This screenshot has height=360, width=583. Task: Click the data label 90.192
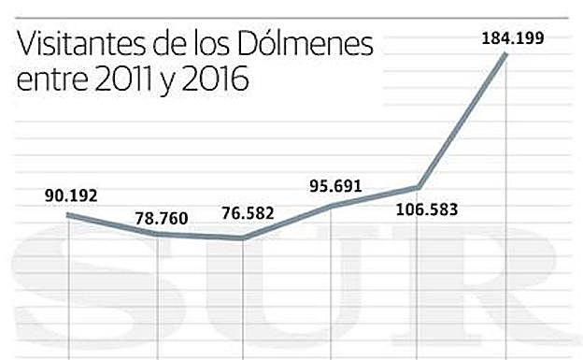71,196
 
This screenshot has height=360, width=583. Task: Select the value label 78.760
161,219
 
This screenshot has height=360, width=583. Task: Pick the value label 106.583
419,209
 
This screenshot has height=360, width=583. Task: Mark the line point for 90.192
69,215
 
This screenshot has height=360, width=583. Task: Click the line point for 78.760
156,234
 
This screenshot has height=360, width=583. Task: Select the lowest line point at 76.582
243,238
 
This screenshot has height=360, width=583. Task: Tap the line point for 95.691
331,205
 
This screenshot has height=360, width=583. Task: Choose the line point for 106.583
418,187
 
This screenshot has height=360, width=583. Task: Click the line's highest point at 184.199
505,54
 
